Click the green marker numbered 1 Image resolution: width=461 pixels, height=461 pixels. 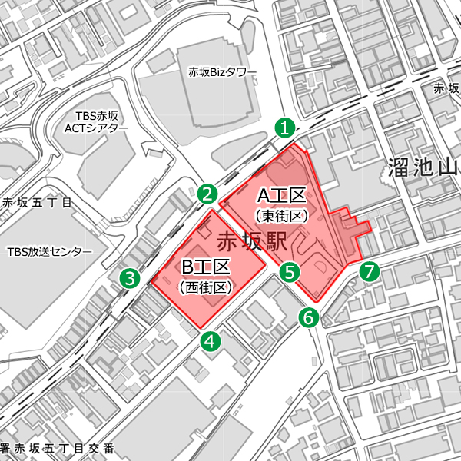[x=285, y=128]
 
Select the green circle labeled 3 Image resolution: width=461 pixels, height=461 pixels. [x=131, y=278]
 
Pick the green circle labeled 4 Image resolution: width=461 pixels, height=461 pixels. [x=211, y=340]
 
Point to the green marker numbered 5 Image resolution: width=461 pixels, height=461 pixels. [x=289, y=271]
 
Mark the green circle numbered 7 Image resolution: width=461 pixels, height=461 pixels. [x=370, y=271]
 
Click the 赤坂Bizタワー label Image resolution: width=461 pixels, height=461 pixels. [x=223, y=73]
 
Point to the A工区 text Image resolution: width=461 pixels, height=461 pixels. [x=281, y=196]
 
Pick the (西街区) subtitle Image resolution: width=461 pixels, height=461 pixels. [x=205, y=287]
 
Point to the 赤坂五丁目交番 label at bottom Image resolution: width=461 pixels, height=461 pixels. [x=60, y=448]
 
